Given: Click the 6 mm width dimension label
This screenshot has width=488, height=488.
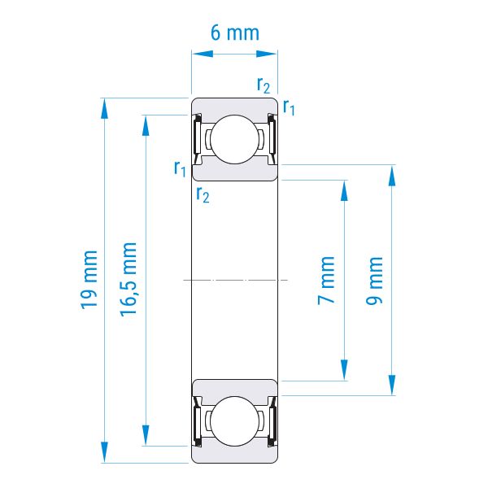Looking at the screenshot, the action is (235, 33).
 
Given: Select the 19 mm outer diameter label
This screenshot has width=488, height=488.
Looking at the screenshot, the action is (89, 280).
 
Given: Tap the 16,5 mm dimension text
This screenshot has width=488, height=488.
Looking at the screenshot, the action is (129, 280).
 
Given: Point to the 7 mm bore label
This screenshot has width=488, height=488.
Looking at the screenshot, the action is (326, 281).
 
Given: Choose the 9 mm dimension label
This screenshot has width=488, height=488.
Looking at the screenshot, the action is (374, 281).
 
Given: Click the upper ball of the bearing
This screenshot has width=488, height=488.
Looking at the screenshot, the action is (235, 139).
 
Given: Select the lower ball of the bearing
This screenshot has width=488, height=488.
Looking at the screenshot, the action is (235, 420).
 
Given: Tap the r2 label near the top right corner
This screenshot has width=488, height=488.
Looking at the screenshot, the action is (264, 85).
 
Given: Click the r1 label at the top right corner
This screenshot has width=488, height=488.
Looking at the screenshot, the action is (289, 107).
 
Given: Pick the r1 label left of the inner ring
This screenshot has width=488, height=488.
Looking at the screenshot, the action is (180, 168).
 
